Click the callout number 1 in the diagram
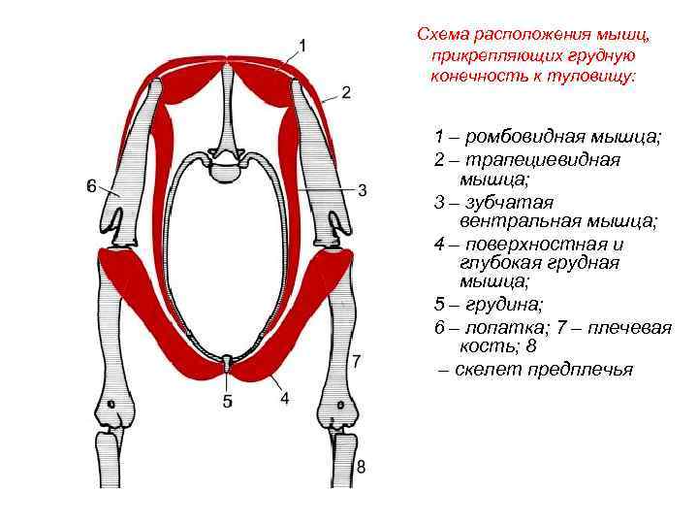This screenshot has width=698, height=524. click(302, 45)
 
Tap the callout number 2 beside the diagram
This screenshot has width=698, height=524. click(346, 92)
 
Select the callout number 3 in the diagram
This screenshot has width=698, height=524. click(362, 190)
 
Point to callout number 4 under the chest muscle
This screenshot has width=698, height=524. click(285, 398)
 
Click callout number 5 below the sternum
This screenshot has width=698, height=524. click(227, 401)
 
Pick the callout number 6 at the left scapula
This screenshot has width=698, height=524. click(91, 186)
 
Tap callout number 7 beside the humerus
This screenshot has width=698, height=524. click(357, 362)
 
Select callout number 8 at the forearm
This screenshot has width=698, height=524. click(361, 467)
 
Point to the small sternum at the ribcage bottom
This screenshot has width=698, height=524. click(226, 364)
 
